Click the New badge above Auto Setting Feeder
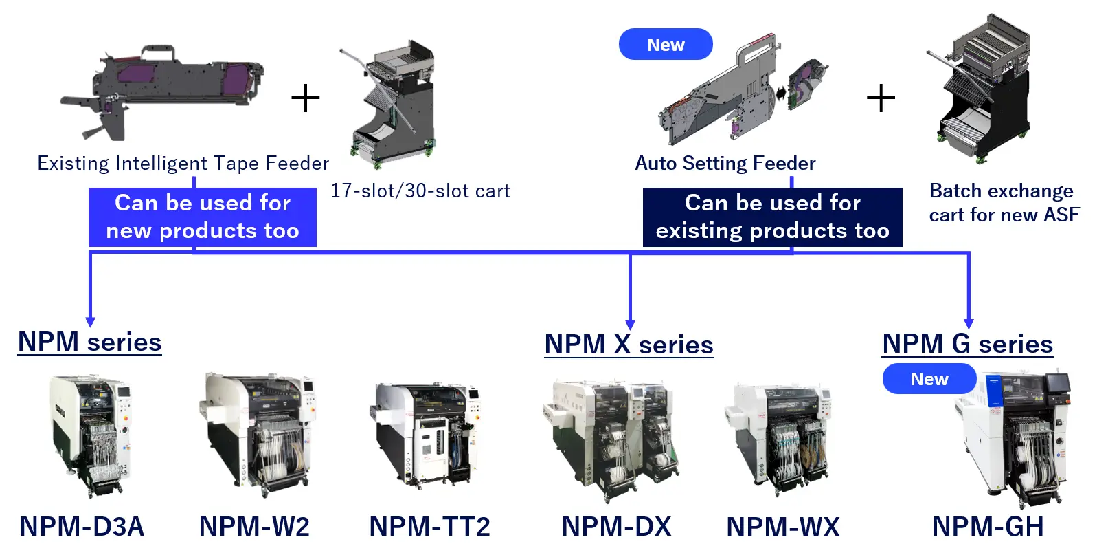click(665, 45)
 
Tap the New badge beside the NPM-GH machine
click(929, 379)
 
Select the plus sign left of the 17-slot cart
click(306, 98)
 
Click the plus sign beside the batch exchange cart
click(881, 98)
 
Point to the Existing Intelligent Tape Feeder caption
click(183, 164)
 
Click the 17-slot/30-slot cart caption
click(420, 191)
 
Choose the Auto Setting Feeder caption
click(725, 164)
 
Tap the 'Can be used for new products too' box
click(203, 217)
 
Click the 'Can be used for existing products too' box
click(772, 217)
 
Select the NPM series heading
click(90, 342)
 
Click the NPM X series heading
click(629, 345)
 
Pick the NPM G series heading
click(967, 344)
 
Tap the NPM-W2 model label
click(254, 527)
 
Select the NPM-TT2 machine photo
click(426, 433)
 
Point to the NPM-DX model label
click(616, 527)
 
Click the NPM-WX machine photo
click(780, 437)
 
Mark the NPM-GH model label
click(988, 527)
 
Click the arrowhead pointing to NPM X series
click(630, 325)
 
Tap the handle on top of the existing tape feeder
click(158, 52)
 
